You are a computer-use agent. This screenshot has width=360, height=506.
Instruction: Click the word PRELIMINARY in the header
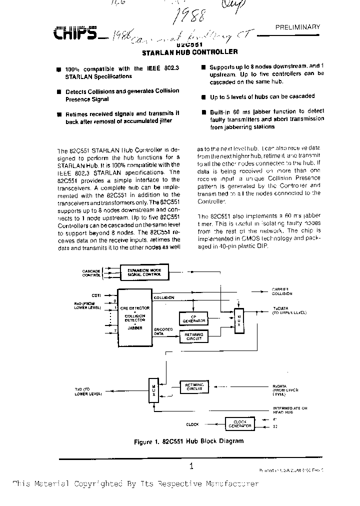pyautogui.click(x=297, y=27)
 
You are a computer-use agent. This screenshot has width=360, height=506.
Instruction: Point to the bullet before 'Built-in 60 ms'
pyautogui.click(x=204, y=112)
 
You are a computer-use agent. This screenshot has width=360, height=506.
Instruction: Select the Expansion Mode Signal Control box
pyautogui.click(x=144, y=272)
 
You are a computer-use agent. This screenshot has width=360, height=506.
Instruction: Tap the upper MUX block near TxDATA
pyautogui.click(x=239, y=317)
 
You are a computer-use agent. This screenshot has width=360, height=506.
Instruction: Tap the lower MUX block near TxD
pyautogui.click(x=154, y=388)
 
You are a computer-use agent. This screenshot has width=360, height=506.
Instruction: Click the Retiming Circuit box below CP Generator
pyautogui.click(x=193, y=336)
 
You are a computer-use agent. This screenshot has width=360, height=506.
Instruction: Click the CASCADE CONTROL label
pyautogui.click(x=91, y=273)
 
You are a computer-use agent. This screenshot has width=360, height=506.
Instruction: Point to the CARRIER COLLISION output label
pyautogui.click(x=281, y=291)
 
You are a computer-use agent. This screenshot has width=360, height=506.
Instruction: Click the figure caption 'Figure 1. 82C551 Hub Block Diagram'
pyautogui.click(x=188, y=441)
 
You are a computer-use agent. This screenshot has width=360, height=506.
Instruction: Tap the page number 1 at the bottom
pyautogui.click(x=191, y=466)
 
